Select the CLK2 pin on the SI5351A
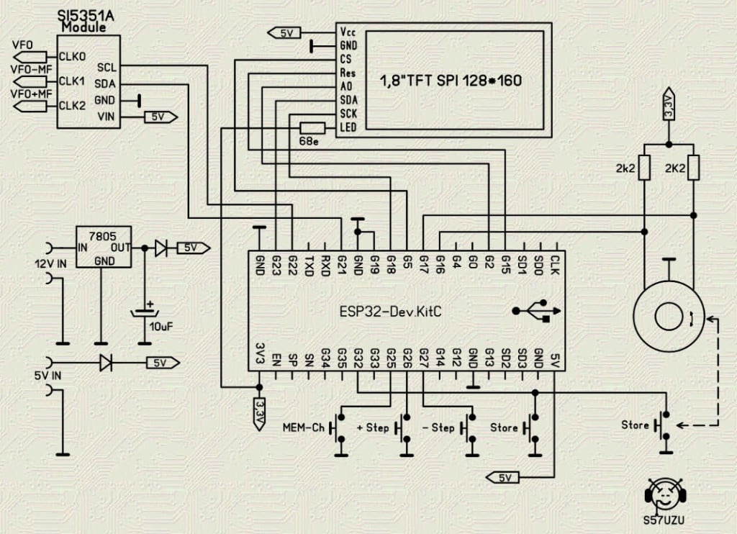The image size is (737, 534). (x=72, y=106)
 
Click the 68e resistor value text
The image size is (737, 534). (x=308, y=142)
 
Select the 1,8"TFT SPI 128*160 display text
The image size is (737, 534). (x=451, y=81)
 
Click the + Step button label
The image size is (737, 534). (x=373, y=427)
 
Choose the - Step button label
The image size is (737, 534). (x=438, y=427)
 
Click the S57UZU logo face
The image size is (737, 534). (x=662, y=495)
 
